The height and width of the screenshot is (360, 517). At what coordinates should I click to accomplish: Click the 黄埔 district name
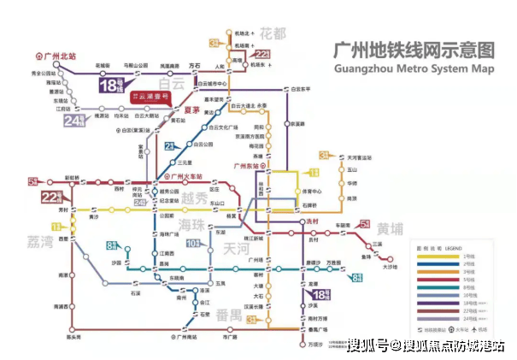coord(391,230)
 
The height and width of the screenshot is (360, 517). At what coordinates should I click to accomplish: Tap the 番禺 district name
coord(228,315)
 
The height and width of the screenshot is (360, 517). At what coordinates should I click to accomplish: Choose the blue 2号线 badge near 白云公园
coord(170,147)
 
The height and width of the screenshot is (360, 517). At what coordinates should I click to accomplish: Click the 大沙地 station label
coord(390,267)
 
